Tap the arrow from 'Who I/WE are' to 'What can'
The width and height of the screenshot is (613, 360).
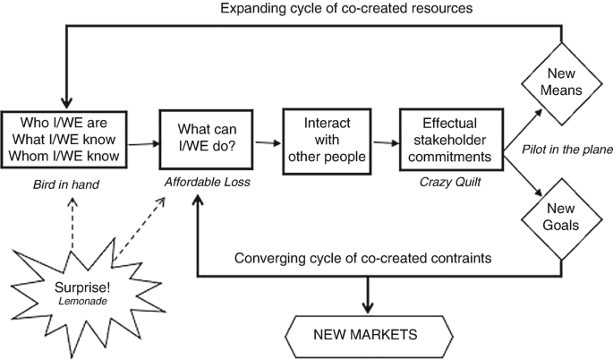pos(143,141)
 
